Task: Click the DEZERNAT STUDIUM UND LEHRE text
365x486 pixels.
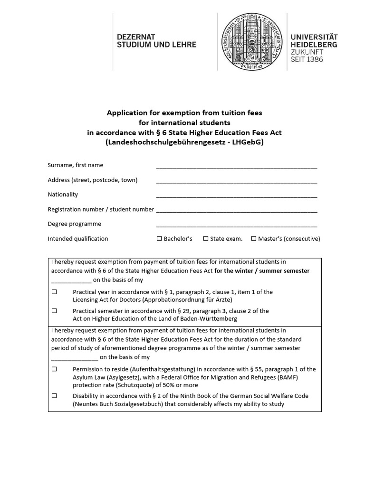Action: click(x=156, y=40)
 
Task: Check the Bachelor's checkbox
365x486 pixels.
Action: click(x=159, y=239)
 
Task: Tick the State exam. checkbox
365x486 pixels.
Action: click(x=206, y=239)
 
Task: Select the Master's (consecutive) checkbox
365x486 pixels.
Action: click(x=254, y=239)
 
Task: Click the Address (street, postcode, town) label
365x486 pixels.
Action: click(x=93, y=180)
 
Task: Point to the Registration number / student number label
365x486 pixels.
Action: click(x=101, y=209)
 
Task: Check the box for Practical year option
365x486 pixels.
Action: click(x=54, y=292)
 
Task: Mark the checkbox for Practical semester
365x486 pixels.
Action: click(x=54, y=311)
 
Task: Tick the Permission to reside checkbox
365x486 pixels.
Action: click(x=54, y=369)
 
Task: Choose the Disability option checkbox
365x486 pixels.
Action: click(x=54, y=396)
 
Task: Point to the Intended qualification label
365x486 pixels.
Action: click(x=78, y=239)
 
